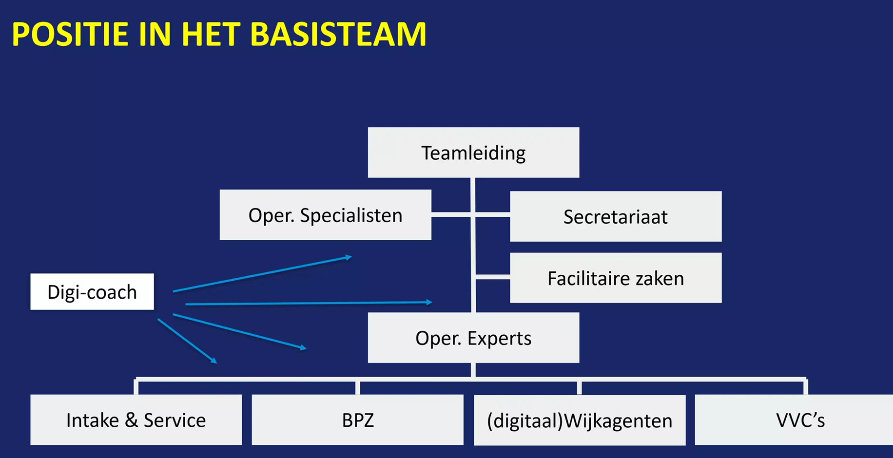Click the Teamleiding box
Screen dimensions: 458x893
(473, 153)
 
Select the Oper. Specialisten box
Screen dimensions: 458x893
(325, 215)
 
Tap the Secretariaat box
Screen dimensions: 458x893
(616, 216)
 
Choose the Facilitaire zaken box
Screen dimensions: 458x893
(616, 278)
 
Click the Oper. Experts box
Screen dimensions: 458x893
(473, 338)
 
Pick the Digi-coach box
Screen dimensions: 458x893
(92, 291)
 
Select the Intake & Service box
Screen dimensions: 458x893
(136, 420)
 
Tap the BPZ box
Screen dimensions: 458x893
(357, 420)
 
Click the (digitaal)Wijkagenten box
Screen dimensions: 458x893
(580, 420)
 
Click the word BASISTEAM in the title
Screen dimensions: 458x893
(338, 34)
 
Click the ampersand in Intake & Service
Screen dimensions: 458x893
(131, 420)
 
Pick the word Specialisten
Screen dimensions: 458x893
(351, 215)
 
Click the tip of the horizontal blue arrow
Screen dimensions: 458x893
(431, 302)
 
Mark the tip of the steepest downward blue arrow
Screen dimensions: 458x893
(216, 363)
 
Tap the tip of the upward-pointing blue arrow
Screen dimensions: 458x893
(351, 256)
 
